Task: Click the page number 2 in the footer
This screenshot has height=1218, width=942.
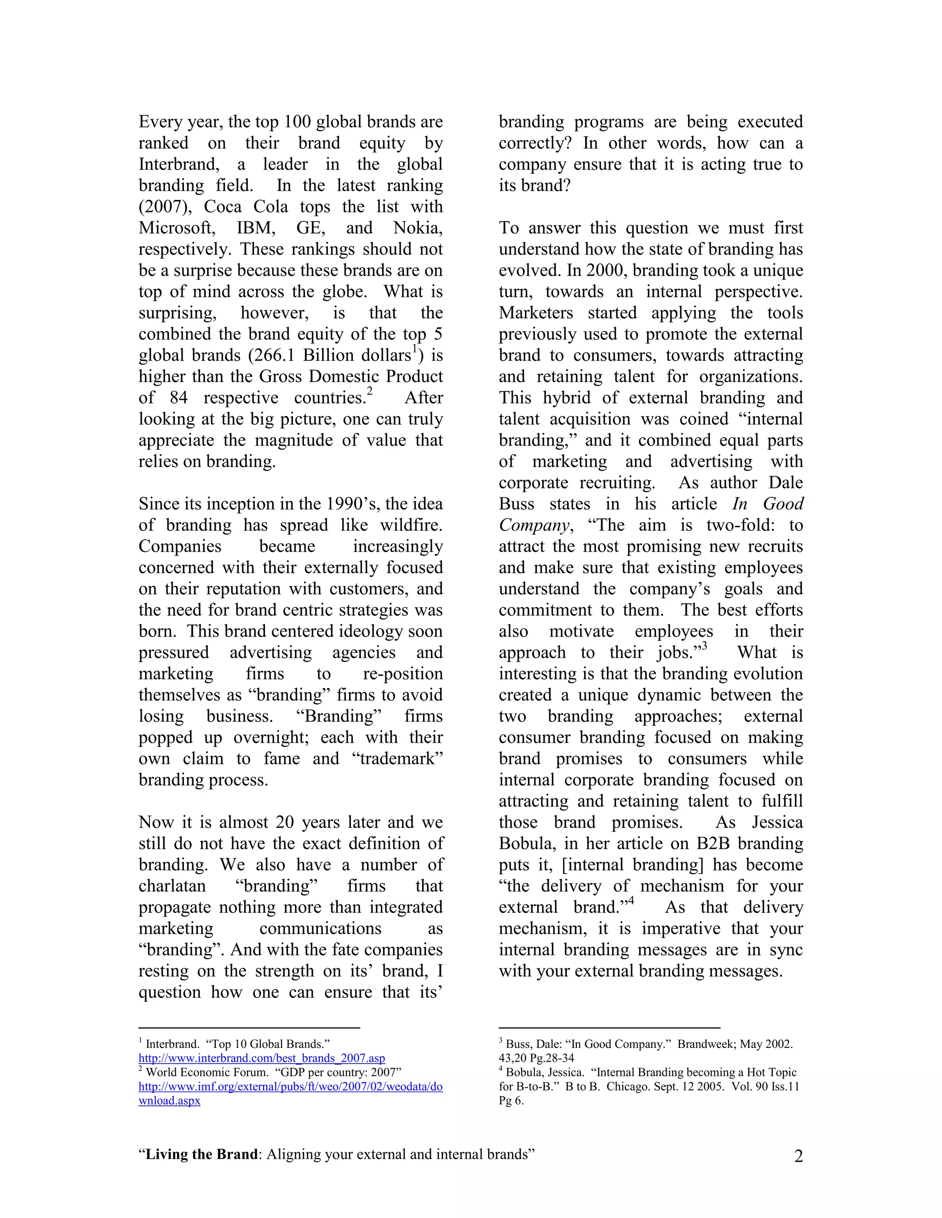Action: click(798, 1156)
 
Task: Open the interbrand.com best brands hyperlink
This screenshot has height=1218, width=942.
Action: click(262, 1058)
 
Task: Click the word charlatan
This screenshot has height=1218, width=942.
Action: click(172, 886)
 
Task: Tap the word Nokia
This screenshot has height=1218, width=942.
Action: click(418, 228)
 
